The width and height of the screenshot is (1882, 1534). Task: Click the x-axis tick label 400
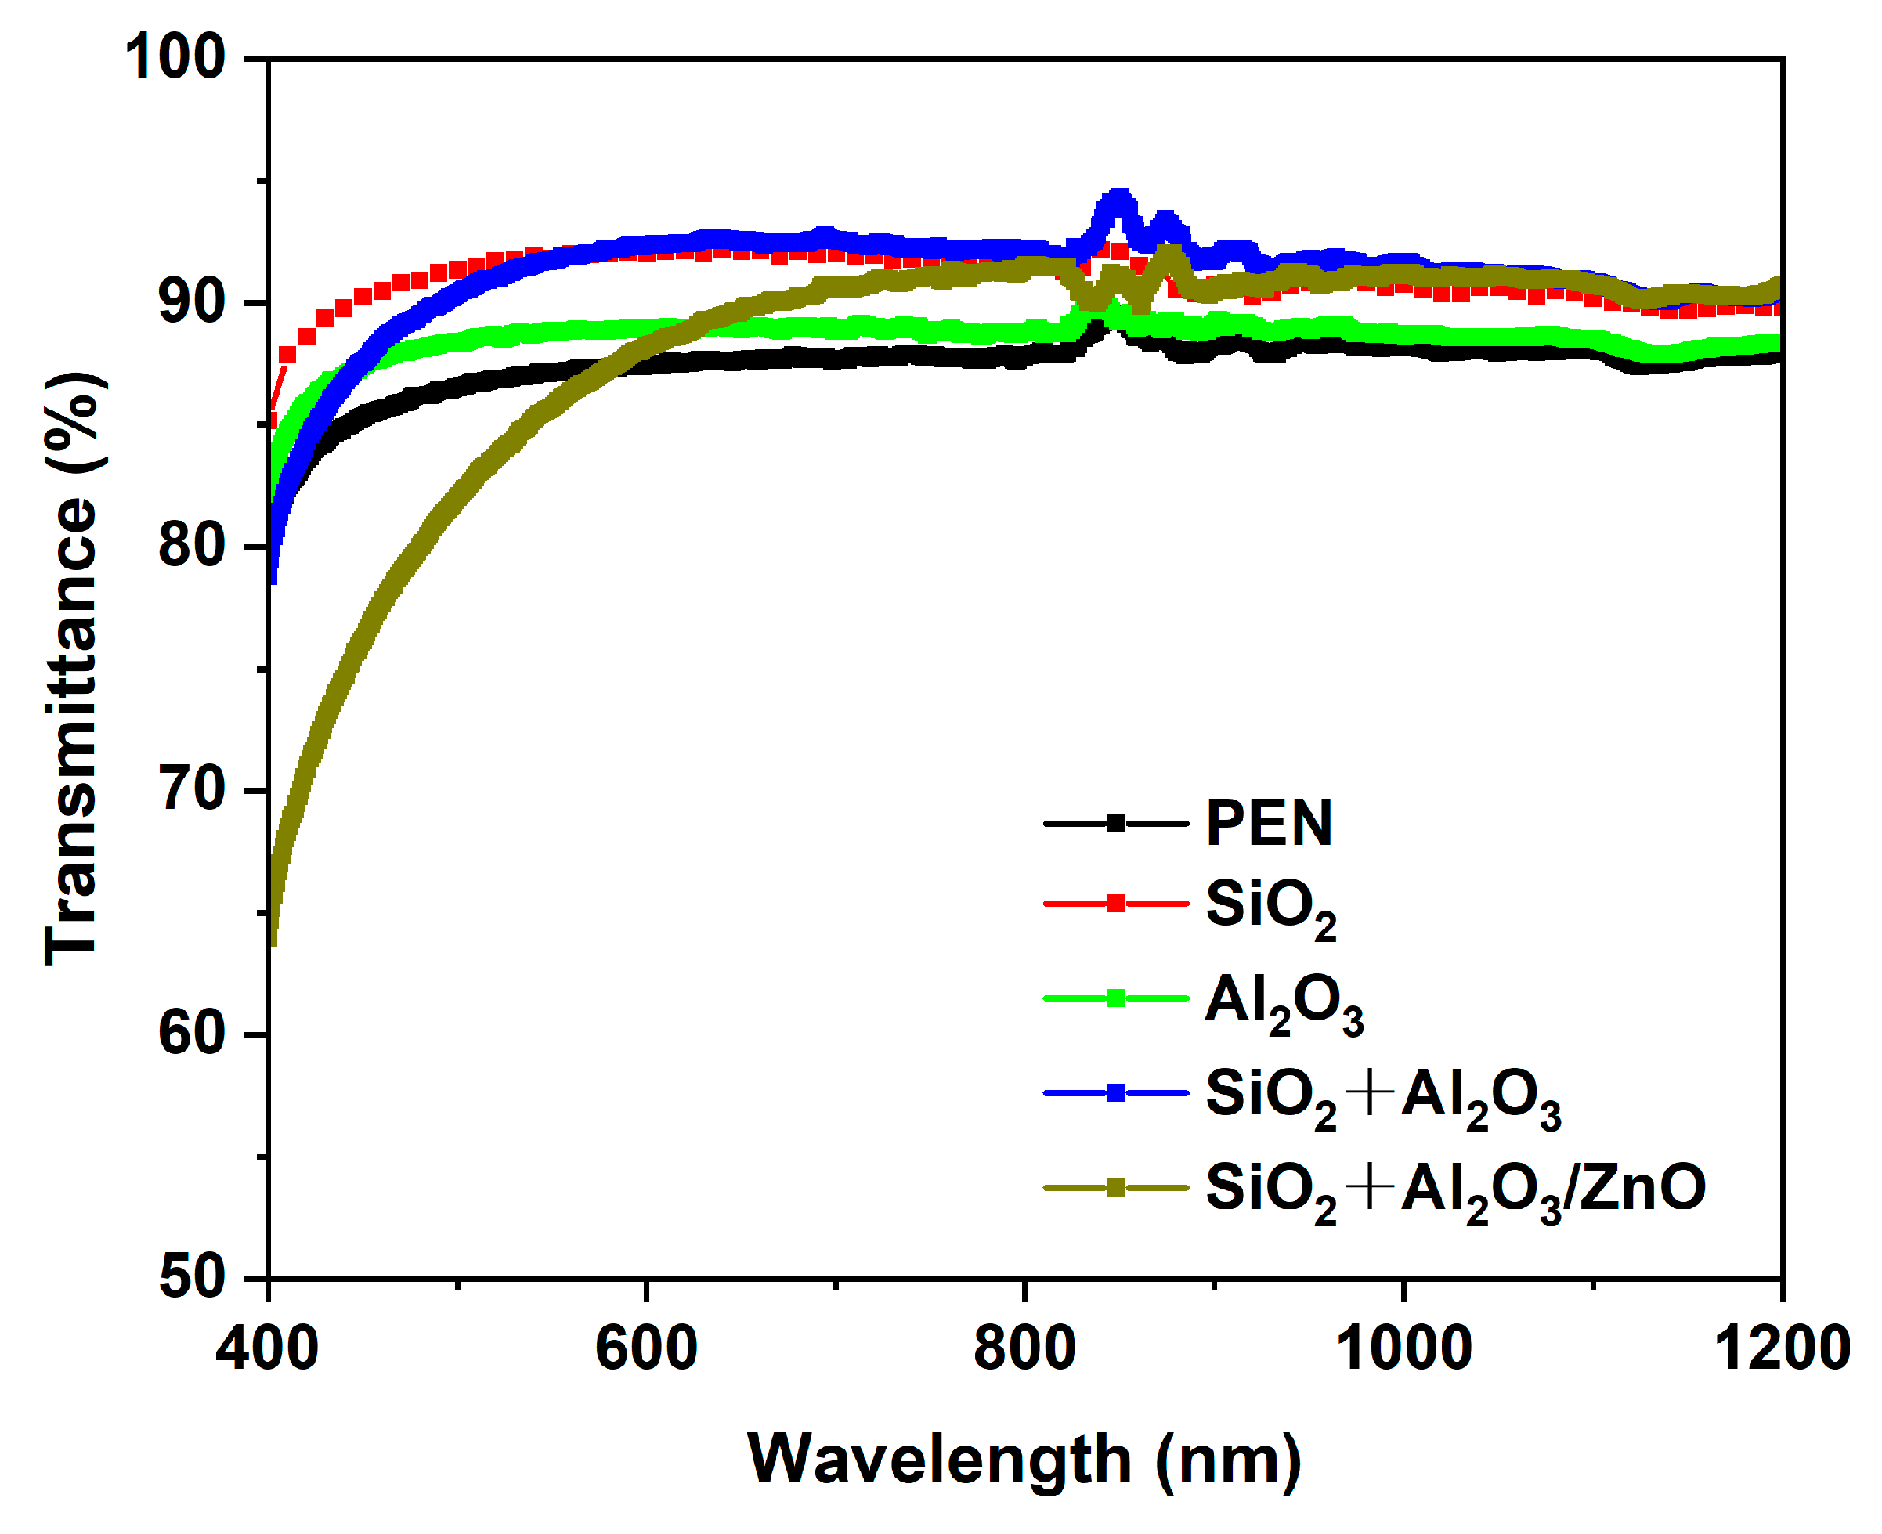click(x=267, y=1349)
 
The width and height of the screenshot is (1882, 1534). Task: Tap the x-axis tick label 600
click(x=646, y=1349)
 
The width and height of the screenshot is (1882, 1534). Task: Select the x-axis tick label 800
click(x=1024, y=1349)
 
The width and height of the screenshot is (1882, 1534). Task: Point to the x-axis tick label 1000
click(x=1403, y=1349)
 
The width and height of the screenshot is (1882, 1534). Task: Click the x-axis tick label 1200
click(x=1781, y=1349)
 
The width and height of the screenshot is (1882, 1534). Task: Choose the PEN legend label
click(x=1269, y=824)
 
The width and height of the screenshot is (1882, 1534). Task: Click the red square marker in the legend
click(x=1116, y=903)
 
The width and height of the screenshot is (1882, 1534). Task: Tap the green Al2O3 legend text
click(x=1284, y=1002)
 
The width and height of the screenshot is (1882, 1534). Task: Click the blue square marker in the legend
click(x=1116, y=1094)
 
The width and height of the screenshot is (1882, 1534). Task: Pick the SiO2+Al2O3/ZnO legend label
click(x=1456, y=1189)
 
